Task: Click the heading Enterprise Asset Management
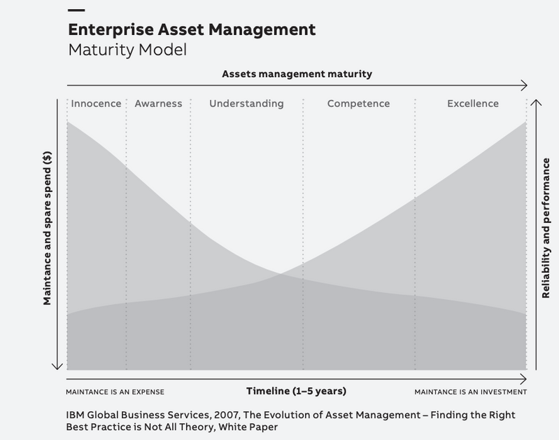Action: (192, 29)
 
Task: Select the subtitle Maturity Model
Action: (127, 50)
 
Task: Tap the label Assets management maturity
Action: (297, 74)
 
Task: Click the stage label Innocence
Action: (96, 104)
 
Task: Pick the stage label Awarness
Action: (158, 104)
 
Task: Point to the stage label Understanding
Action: (246, 104)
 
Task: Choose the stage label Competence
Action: (358, 104)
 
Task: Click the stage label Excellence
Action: (473, 104)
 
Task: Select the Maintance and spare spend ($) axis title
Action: (47, 228)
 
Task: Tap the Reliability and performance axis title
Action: (546, 228)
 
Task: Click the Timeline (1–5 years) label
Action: (296, 391)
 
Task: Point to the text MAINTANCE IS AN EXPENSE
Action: (115, 392)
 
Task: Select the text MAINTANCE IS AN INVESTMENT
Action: (471, 392)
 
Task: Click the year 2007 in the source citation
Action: (226, 415)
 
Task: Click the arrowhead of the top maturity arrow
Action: (524, 85)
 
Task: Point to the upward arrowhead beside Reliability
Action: (536, 102)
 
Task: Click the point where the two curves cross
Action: (281, 274)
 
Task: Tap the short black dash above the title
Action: (76, 11)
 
